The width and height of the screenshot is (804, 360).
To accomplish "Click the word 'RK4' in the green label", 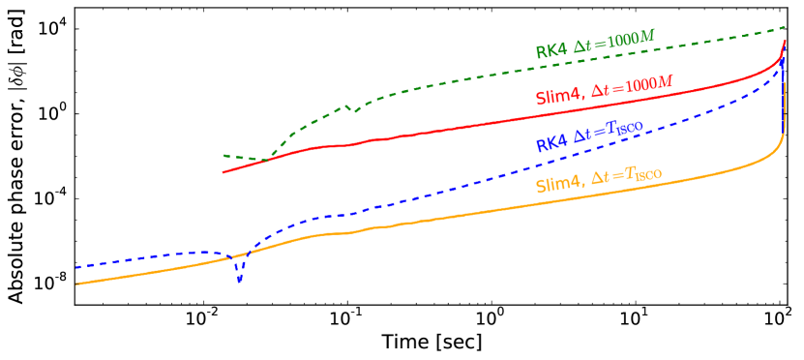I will [x=551, y=50].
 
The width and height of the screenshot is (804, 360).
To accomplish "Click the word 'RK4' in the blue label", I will [x=551, y=143].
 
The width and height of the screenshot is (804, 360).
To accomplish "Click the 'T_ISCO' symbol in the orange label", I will [x=643, y=175].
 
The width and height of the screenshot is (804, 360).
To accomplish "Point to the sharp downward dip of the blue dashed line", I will [x=239, y=281].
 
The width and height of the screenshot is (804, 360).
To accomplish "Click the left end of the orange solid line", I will [x=76, y=284].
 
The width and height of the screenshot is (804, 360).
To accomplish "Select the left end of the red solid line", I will [x=223, y=172].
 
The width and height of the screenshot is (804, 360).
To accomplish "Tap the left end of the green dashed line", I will [x=223, y=155].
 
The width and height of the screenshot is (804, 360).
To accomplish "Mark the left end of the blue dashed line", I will [x=76, y=267].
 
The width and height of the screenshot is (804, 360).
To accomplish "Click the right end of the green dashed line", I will [x=785, y=27].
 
